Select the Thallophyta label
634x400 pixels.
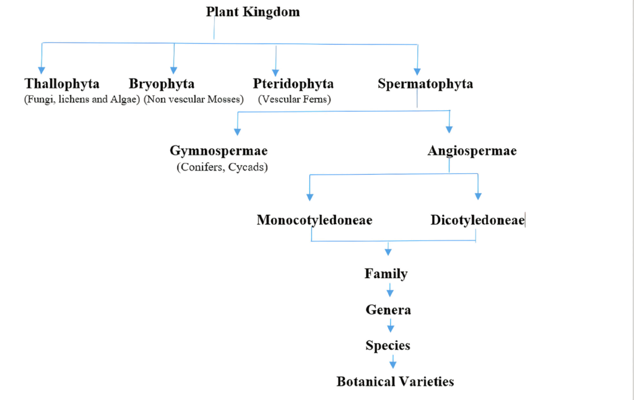62,84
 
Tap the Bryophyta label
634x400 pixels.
162,84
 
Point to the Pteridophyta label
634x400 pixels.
293,84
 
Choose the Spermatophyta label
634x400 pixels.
425,84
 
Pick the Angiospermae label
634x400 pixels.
472,151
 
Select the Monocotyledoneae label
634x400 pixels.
314,220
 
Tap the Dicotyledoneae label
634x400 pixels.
477,220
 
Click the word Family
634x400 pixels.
385,273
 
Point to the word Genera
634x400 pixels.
388,310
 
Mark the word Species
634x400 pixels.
388,346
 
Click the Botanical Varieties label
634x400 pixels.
394,381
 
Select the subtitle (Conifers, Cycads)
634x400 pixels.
222,168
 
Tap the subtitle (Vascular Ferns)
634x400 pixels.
295,99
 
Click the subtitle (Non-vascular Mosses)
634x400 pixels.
193,99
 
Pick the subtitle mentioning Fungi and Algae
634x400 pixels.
82,99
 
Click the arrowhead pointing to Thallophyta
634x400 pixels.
41,69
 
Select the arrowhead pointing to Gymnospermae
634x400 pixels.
237,131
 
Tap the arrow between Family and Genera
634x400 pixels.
389,291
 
